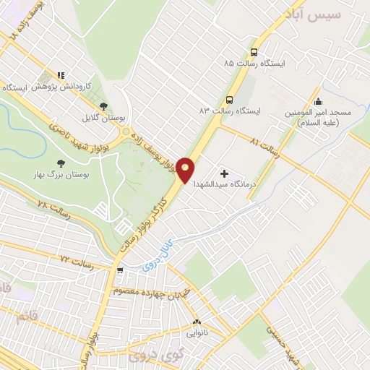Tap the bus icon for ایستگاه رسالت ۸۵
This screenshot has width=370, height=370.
click(254, 52)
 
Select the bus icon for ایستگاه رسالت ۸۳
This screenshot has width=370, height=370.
click(229, 100)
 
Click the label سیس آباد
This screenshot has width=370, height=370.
click(333, 14)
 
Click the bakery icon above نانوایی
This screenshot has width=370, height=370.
click(196, 322)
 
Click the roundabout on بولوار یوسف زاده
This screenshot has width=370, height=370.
click(129, 132)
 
